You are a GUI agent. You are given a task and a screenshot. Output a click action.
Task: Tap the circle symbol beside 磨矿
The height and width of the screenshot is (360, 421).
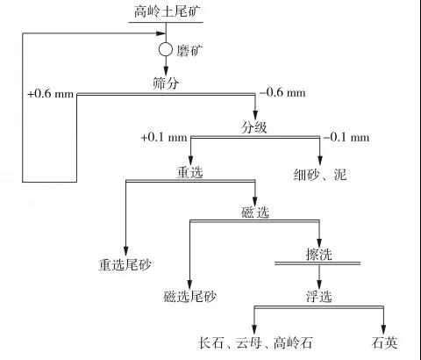click(166, 49)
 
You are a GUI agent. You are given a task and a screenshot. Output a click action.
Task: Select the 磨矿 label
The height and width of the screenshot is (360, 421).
click(189, 51)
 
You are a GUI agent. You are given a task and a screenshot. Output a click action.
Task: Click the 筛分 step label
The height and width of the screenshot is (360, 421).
click(166, 83)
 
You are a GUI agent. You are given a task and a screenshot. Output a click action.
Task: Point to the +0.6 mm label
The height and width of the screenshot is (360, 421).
click(50, 94)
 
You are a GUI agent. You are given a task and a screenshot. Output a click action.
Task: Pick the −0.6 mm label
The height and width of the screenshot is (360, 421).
click(282, 92)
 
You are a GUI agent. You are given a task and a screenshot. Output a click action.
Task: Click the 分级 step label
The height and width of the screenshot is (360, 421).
click(253, 127)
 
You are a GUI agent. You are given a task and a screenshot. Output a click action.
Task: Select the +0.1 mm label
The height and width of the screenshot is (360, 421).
click(164, 137)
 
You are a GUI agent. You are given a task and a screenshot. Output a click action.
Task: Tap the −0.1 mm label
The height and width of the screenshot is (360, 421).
click(346, 137)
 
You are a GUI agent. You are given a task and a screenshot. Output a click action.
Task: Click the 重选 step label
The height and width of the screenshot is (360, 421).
click(189, 172)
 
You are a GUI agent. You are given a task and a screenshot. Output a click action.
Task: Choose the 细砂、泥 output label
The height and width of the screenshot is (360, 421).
click(320, 175)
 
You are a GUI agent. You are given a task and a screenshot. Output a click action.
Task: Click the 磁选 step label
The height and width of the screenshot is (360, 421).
click(255, 212)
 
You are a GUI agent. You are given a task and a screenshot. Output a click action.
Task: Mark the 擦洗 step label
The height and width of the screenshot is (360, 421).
click(319, 254)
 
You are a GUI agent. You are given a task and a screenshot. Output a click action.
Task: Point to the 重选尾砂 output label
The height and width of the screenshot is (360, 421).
click(125, 265)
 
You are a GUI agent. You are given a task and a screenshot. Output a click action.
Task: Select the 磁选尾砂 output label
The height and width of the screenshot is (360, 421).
click(189, 296)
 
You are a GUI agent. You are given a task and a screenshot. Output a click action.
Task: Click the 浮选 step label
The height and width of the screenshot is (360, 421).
click(319, 296)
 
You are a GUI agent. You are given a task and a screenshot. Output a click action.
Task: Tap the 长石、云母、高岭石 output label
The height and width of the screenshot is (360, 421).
click(256, 342)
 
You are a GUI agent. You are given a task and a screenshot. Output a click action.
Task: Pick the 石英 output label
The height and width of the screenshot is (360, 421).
click(384, 342)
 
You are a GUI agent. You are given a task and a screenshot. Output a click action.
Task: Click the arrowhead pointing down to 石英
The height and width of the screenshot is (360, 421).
click(383, 328)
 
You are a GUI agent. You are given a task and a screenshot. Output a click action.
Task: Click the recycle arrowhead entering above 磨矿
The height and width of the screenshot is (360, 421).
click(161, 33)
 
